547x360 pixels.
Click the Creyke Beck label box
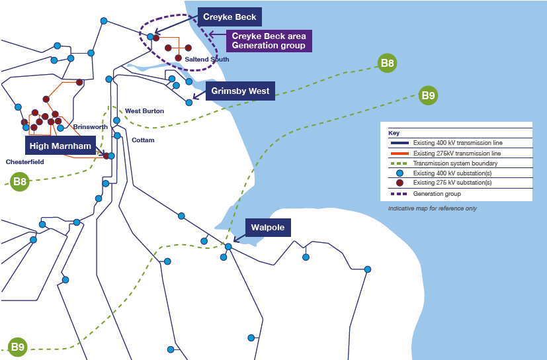[230, 17]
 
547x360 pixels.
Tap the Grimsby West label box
[240, 91]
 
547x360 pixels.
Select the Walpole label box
[268, 228]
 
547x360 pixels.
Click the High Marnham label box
[60, 146]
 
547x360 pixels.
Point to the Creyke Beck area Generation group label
[269, 41]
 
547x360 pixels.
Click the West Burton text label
[144, 111]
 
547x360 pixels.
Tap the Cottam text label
[143, 140]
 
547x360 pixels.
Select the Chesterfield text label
[24, 162]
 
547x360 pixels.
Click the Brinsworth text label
[91, 127]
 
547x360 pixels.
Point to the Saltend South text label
[207, 60]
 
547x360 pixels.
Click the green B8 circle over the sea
[387, 64]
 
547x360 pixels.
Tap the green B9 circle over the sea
[428, 95]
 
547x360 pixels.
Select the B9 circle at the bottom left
[17, 347]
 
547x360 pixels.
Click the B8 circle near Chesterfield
[20, 181]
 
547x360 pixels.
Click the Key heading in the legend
[394, 133]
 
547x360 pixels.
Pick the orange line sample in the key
[400, 154]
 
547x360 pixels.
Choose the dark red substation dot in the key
[400, 183]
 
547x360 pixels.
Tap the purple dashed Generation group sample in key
[399, 194]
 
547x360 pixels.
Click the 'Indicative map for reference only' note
[432, 208]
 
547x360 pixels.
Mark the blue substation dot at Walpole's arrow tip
[228, 247]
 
